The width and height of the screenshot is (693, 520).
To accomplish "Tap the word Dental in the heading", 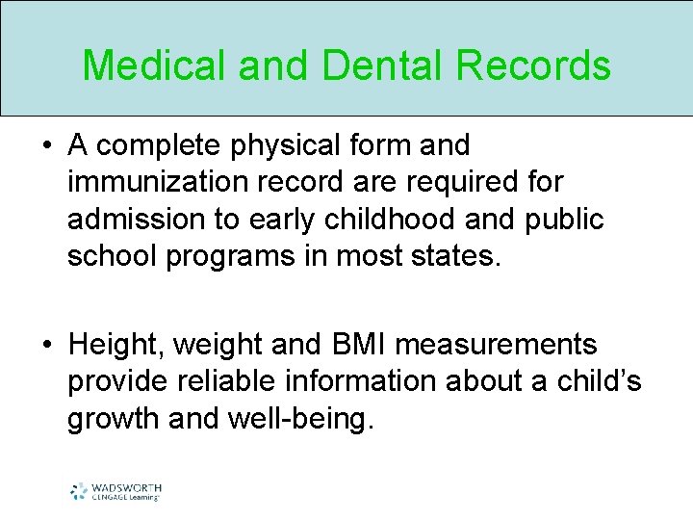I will (x=365, y=65).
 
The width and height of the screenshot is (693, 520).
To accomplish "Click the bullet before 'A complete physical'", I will (x=45, y=147).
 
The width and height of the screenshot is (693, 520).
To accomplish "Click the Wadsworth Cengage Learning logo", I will (x=115, y=491).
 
